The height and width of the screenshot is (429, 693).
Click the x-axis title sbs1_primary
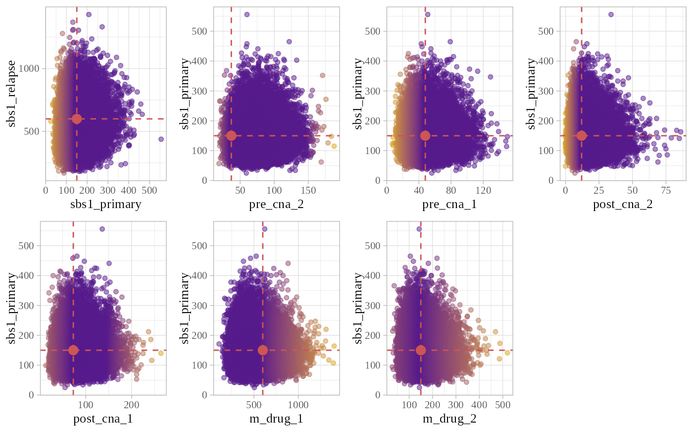click(x=106, y=204)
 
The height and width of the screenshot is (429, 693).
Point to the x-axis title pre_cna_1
click(x=449, y=204)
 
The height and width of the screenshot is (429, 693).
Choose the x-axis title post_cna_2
click(x=623, y=204)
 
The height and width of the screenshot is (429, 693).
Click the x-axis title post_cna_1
click(x=103, y=419)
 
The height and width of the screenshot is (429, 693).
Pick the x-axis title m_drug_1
click(x=276, y=419)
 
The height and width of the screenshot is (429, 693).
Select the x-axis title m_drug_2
click(x=449, y=419)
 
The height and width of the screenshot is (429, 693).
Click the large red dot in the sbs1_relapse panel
click(x=77, y=119)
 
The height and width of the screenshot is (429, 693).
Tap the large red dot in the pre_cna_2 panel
click(x=231, y=136)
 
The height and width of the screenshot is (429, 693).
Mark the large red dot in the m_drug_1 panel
click(x=263, y=350)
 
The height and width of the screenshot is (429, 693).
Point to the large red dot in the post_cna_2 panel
click(x=582, y=136)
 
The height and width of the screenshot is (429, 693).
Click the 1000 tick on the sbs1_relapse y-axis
click(x=33, y=68)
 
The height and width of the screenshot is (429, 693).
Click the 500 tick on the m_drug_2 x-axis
click(x=502, y=405)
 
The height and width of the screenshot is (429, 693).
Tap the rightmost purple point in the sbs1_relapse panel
click(x=161, y=139)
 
